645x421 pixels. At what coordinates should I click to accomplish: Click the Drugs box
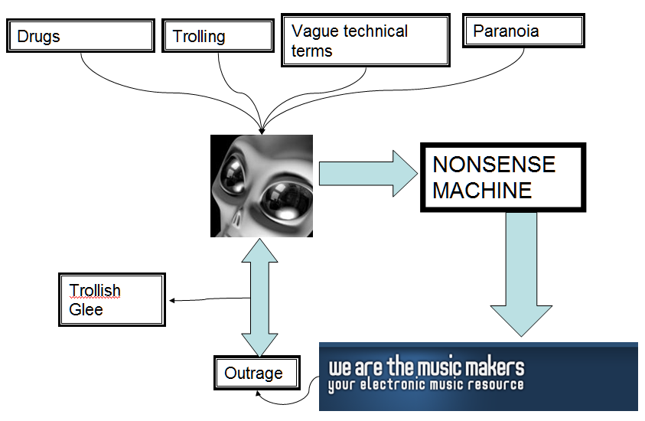click(x=80, y=36)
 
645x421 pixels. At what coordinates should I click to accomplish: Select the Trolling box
click(x=217, y=36)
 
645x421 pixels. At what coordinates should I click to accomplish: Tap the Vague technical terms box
click(x=364, y=41)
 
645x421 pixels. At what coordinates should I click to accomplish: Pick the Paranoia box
click(x=523, y=31)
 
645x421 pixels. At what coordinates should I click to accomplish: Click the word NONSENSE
click(x=494, y=165)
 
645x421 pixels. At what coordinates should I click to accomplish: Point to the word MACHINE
click(x=482, y=190)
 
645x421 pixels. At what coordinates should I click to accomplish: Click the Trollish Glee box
click(x=112, y=299)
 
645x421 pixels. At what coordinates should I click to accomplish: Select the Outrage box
click(x=253, y=374)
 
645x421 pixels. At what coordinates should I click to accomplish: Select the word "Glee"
click(x=86, y=309)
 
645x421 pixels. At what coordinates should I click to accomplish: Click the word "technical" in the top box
click(x=375, y=31)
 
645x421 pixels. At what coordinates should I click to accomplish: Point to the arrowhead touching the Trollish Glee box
click(x=171, y=300)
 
